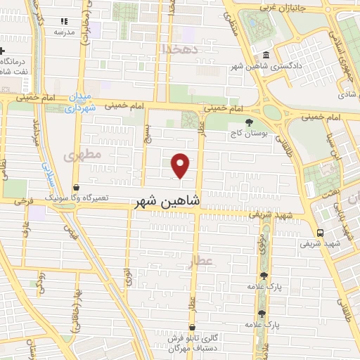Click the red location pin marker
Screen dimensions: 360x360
pyautogui.click(x=181, y=165)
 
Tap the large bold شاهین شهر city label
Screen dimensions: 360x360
pyautogui.click(x=166, y=201)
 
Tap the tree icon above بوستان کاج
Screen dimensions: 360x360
pyautogui.click(x=250, y=121)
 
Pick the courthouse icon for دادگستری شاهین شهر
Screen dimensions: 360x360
pyautogui.click(x=265, y=56)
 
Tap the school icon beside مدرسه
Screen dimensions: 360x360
pyautogui.click(x=65, y=22)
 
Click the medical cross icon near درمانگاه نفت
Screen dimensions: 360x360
pyautogui.click(x=3, y=52)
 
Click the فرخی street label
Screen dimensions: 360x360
pyautogui.click(x=25, y=200)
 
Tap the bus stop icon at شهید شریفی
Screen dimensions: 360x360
pyautogui.click(x=321, y=233)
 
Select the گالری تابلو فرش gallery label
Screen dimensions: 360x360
pyautogui.click(x=196, y=337)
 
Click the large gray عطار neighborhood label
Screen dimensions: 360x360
pyautogui.click(x=200, y=262)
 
